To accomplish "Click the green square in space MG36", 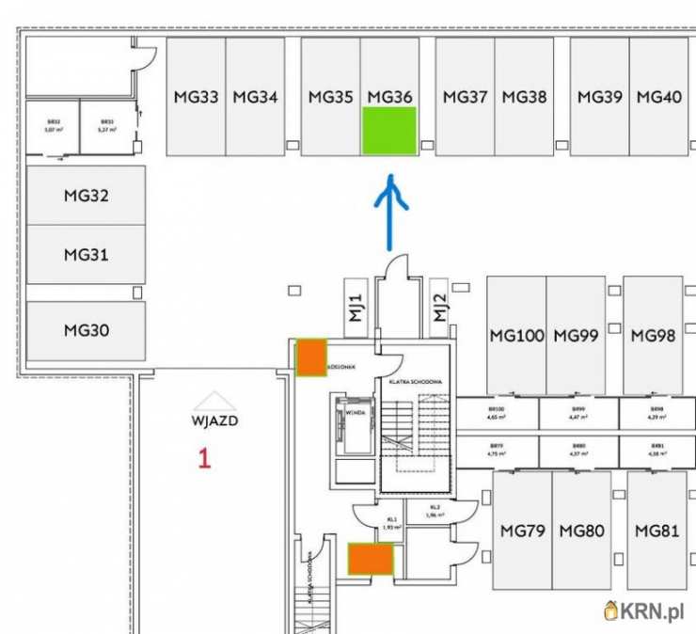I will (x=389, y=131).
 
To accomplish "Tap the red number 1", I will (x=204, y=458).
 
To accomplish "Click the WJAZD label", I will (x=214, y=420).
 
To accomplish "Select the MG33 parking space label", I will (x=197, y=96).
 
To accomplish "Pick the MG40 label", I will (x=658, y=96).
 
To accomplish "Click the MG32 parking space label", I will (x=87, y=196).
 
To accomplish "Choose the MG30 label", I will (x=87, y=330).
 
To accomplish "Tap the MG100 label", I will (x=516, y=335).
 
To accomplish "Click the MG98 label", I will (x=654, y=335).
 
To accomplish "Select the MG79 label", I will (x=522, y=531).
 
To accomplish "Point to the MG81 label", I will (x=656, y=531).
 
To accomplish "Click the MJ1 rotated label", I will (x=356, y=308).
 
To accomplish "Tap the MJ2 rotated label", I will (x=438, y=308).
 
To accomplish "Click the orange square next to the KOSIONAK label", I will (x=311, y=358).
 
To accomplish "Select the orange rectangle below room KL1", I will (x=371, y=559).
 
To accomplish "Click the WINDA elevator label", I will (x=356, y=412).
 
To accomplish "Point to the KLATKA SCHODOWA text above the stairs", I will (x=415, y=382).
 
